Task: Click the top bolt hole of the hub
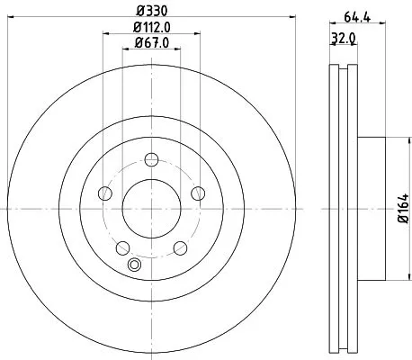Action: pyautogui.click(x=151, y=161)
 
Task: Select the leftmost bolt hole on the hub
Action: pyautogui.click(x=104, y=194)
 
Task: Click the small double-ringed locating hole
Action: pyautogui.click(x=136, y=265)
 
